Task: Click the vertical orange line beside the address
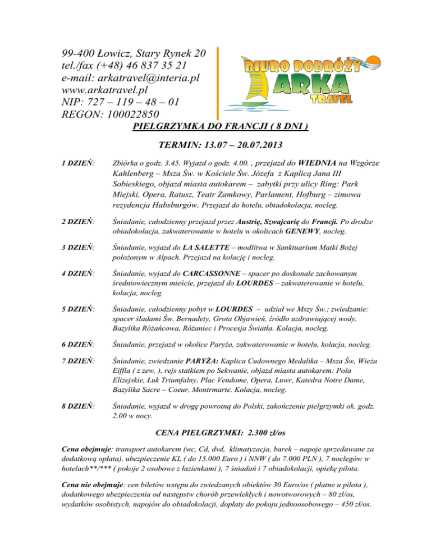click(x=218, y=79)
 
